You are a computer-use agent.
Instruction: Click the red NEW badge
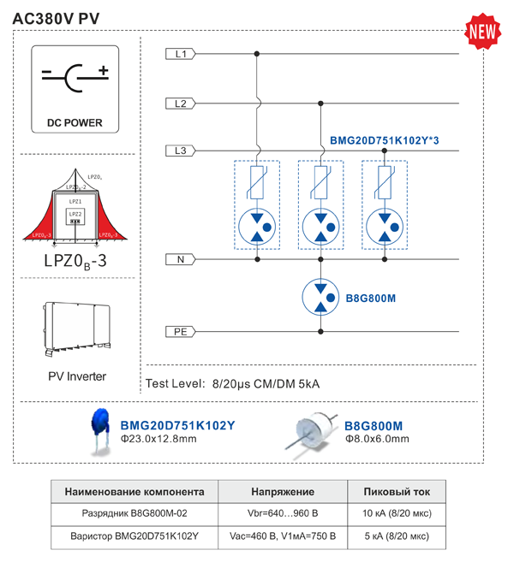[x=481, y=32]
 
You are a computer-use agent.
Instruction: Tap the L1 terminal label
[x=180, y=54]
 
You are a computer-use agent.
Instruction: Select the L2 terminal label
[x=180, y=104]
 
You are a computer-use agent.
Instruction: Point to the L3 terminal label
[x=180, y=151]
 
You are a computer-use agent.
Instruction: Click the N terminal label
[x=180, y=258]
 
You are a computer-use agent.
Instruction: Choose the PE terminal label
[x=180, y=331]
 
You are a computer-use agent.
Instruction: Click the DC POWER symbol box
[x=80, y=90]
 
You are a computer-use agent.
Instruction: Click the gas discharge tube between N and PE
[x=320, y=295]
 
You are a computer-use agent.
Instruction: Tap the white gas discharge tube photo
[x=314, y=430]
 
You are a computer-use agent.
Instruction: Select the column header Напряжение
[x=283, y=493]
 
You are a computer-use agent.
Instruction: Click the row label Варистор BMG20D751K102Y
[x=135, y=536]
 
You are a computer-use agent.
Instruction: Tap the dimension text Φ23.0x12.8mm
[x=158, y=439]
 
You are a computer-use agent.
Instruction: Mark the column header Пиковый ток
[x=397, y=493]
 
